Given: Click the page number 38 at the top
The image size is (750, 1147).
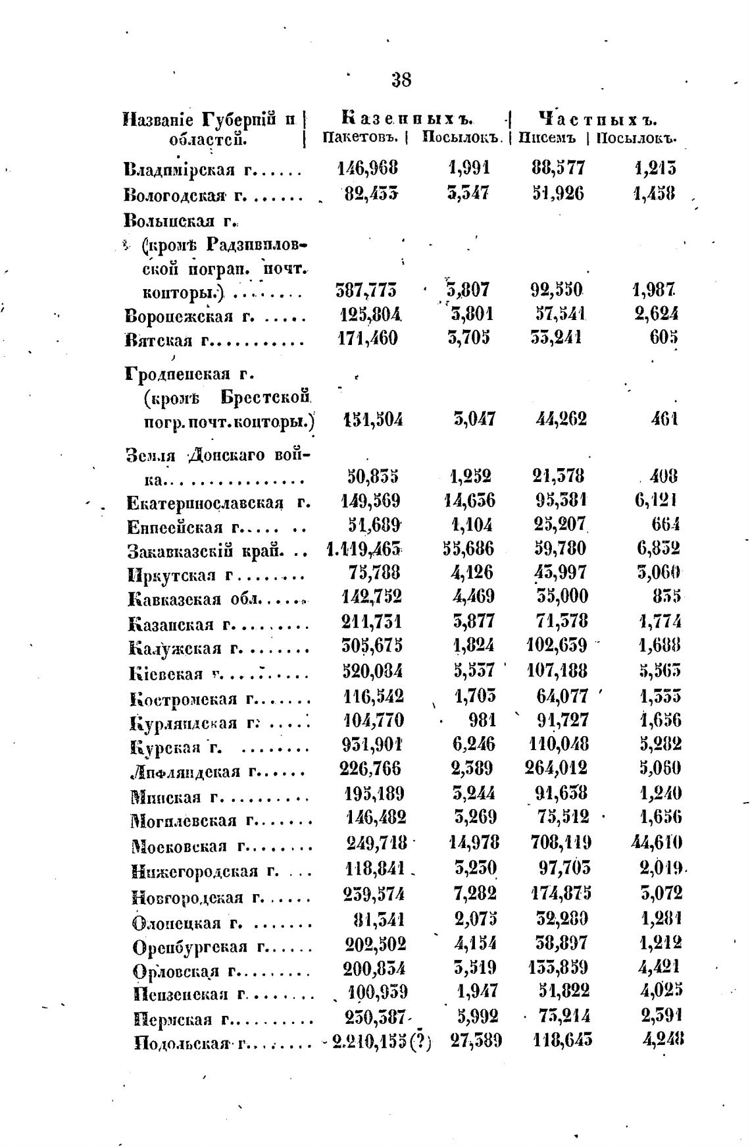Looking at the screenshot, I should (401, 81).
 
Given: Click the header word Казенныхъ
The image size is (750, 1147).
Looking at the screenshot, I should (408, 120).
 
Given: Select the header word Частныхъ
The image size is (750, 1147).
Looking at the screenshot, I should (598, 120).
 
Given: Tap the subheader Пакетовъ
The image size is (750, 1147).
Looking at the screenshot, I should (361, 138).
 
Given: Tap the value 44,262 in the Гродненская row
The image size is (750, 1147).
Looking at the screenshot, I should (559, 419).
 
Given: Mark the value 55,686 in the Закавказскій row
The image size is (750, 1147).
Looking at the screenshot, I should (468, 548).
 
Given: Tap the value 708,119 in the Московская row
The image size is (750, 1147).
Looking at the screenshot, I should (561, 842).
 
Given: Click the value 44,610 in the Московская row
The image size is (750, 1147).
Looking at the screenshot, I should (657, 842).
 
